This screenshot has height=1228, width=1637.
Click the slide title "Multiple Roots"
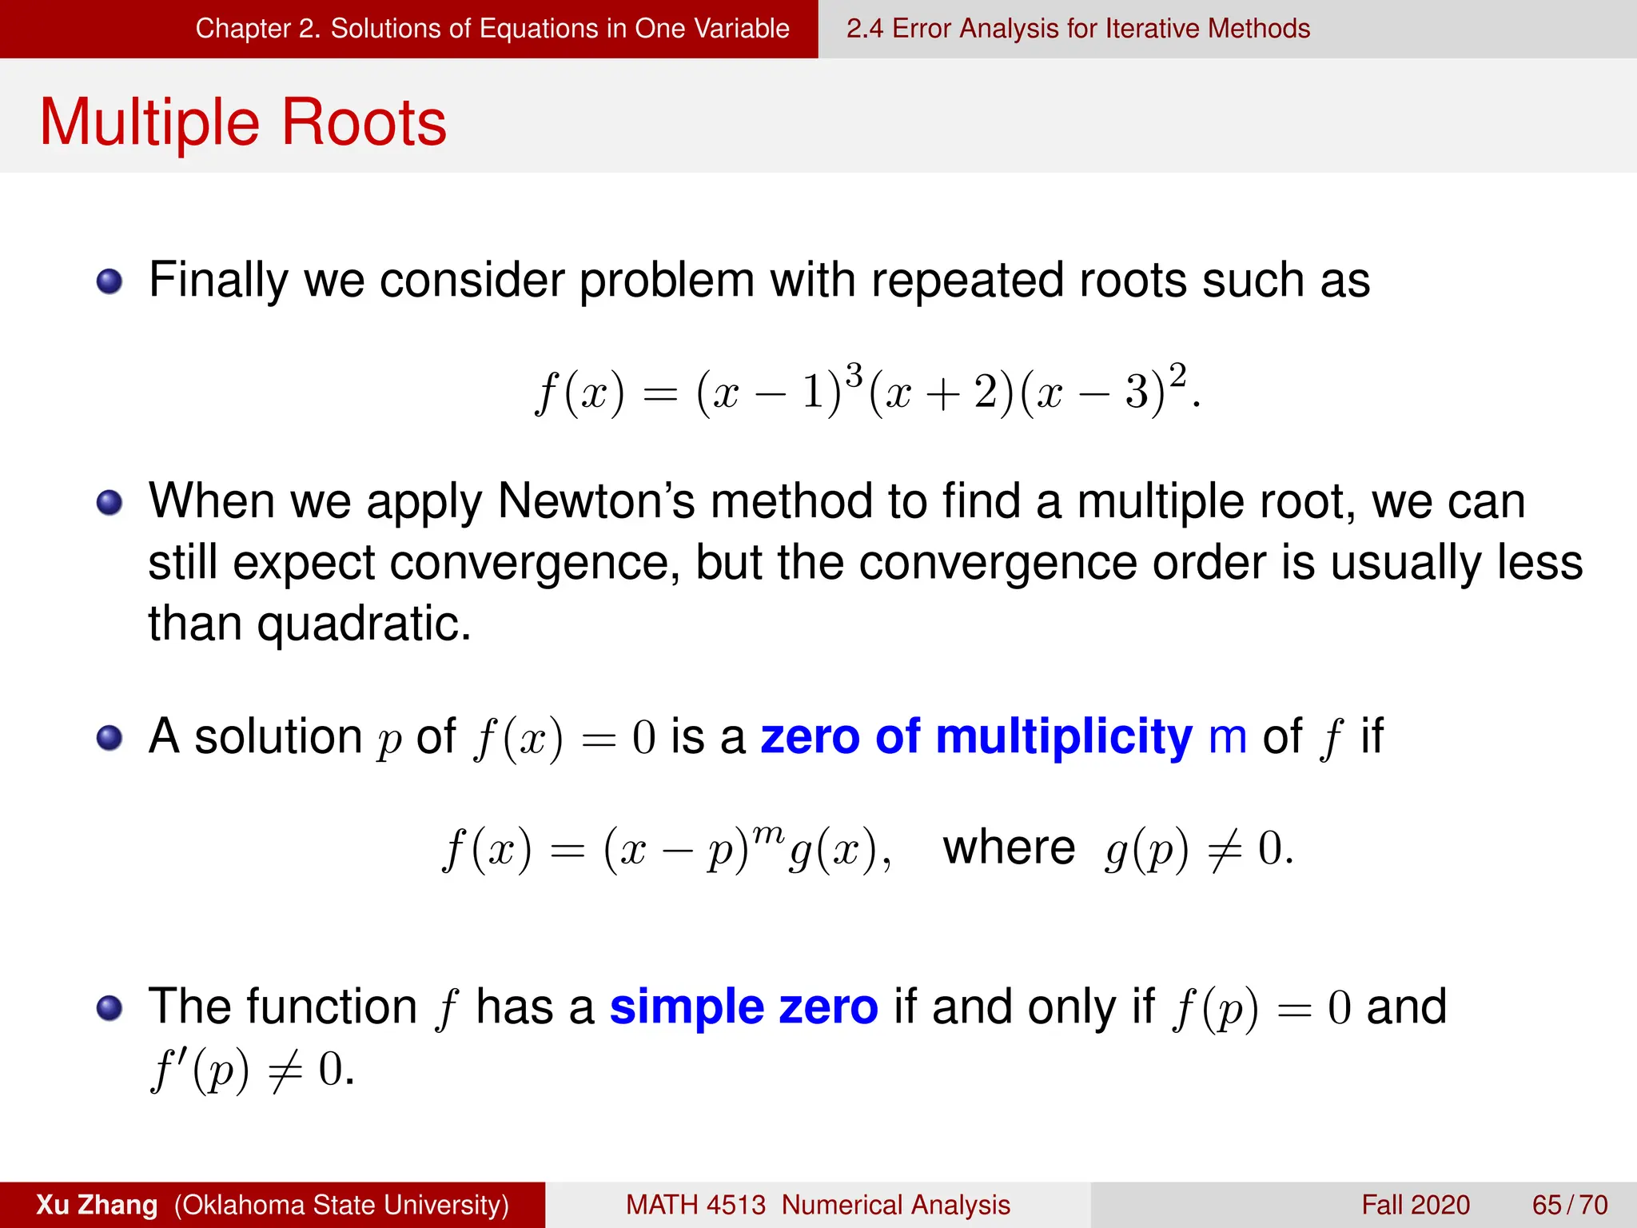(x=243, y=122)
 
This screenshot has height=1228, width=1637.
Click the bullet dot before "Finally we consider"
(x=110, y=281)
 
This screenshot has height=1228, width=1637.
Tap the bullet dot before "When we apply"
(x=110, y=503)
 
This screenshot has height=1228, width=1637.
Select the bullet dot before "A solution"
(x=110, y=738)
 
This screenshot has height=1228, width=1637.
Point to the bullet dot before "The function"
(x=110, y=1008)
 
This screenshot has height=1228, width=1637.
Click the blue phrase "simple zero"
(x=743, y=1007)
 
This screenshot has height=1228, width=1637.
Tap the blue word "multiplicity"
(x=1063, y=737)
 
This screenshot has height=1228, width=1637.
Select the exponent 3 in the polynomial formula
(x=854, y=375)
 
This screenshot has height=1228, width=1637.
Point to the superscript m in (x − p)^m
(x=768, y=834)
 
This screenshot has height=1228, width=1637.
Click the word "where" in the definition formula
(x=1009, y=847)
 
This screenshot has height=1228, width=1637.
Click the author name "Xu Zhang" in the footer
(x=97, y=1205)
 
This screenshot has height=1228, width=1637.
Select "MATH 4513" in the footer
(x=695, y=1205)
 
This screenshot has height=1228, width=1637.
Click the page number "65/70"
(x=1569, y=1205)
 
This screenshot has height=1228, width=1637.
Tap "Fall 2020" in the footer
(x=1415, y=1205)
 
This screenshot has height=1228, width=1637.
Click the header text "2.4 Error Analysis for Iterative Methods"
(x=1077, y=29)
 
